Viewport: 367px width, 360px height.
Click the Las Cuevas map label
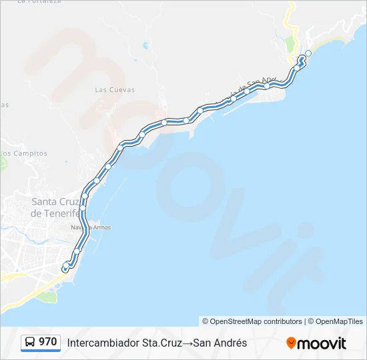pyautogui.click(x=115, y=90)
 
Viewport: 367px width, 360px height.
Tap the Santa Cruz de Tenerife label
pyautogui.click(x=56, y=207)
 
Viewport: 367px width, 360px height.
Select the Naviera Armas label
pyautogui.click(x=91, y=227)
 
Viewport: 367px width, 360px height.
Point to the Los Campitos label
pyautogui.click(x=24, y=153)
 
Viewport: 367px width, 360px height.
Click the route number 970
pyautogui.click(x=47, y=342)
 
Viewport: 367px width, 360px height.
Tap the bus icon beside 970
pyautogui.click(x=31, y=343)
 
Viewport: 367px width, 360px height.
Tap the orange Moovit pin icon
pyautogui.click(x=291, y=343)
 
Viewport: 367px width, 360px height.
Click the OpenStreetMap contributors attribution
pyautogui.click(x=252, y=321)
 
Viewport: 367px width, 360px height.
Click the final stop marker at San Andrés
pyautogui.click(x=308, y=53)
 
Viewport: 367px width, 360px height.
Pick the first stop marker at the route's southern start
pyautogui.click(x=65, y=268)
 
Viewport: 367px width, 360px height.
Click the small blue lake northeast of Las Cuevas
pyautogui.click(x=145, y=47)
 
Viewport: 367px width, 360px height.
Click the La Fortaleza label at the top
pyautogui.click(x=39, y=2)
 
